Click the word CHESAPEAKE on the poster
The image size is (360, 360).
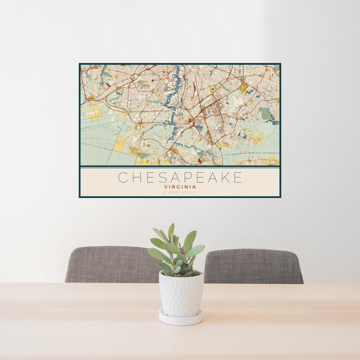point(180,178)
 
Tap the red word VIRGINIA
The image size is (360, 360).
point(180,187)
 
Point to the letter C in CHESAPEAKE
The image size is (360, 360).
point(122,178)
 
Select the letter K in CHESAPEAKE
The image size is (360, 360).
point(223,178)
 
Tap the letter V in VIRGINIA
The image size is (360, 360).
point(164,187)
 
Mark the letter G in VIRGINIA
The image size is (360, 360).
point(179,187)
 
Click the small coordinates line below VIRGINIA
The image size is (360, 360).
point(180,192)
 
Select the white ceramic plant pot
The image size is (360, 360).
point(181,294)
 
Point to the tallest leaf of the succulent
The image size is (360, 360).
point(171,232)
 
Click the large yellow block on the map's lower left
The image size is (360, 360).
point(119,144)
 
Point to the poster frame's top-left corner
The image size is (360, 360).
point(80,64)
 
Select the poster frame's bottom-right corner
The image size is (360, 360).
point(280,197)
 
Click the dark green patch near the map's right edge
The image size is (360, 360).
point(265,114)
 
